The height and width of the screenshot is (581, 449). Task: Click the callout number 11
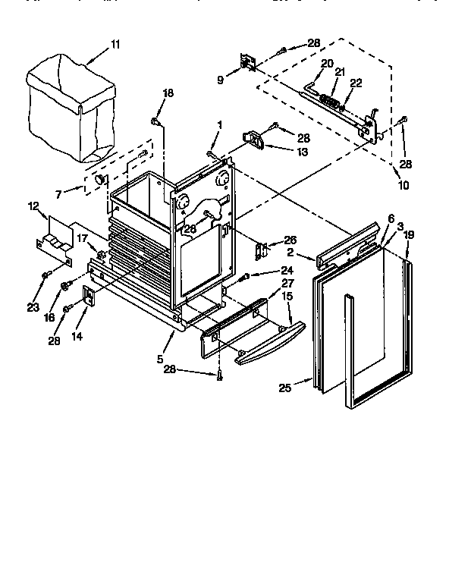click(x=115, y=45)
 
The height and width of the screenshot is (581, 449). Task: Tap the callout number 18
click(x=168, y=93)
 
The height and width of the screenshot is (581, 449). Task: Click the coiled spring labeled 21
click(x=328, y=99)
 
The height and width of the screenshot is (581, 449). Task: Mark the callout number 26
click(x=290, y=240)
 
